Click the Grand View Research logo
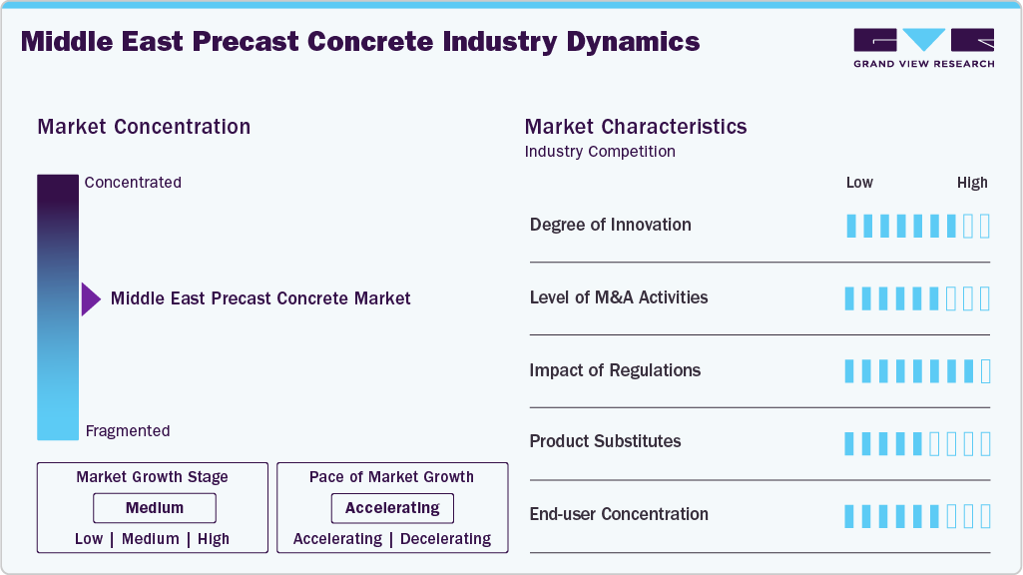(923, 47)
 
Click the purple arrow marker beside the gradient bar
(91, 298)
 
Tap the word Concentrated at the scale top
(133, 183)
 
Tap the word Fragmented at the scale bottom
(128, 431)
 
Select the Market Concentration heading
(144, 127)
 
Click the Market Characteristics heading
(636, 127)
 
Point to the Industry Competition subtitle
(600, 152)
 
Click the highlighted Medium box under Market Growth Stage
(155, 508)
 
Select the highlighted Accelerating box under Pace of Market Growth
(392, 508)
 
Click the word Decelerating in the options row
(445, 539)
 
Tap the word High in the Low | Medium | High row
(213, 539)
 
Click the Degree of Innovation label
(610, 225)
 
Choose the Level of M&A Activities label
(619, 297)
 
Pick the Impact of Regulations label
(615, 370)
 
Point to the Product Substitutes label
(605, 441)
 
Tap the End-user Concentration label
(619, 514)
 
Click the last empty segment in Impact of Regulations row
(985, 371)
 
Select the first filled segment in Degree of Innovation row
(851, 226)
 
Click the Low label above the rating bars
(859, 183)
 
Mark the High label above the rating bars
(972, 183)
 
